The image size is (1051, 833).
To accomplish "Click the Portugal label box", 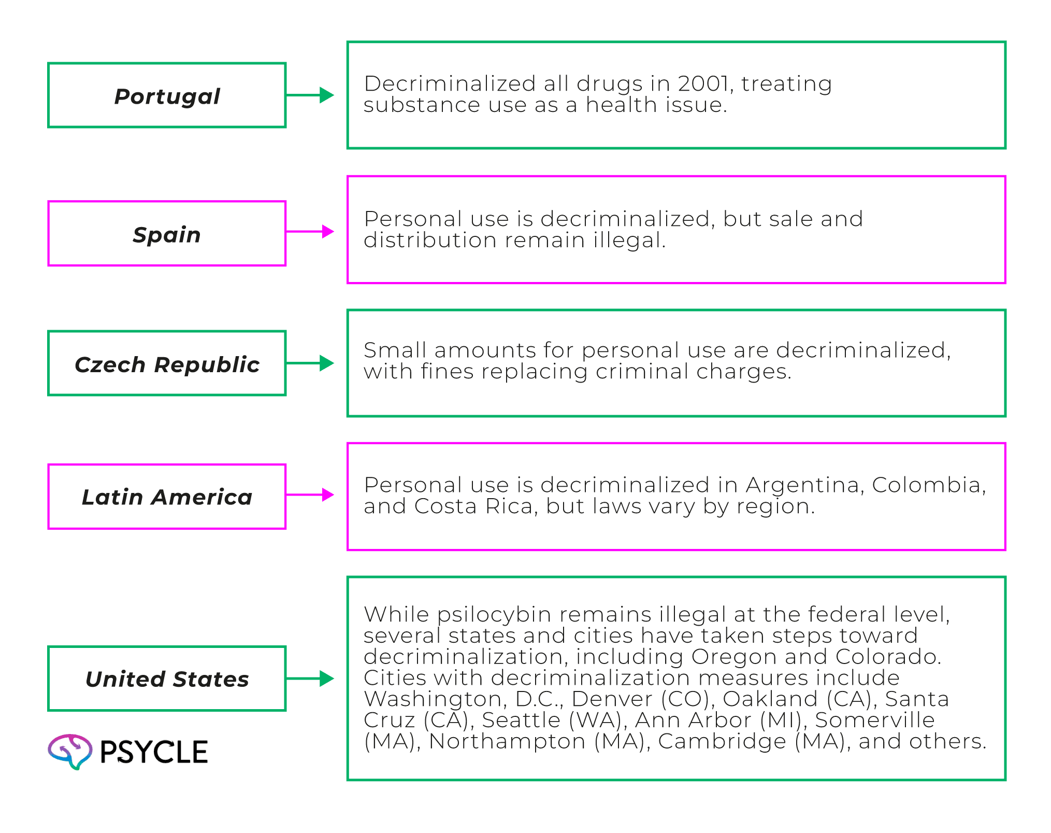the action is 167,95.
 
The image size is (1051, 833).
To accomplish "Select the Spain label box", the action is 167,233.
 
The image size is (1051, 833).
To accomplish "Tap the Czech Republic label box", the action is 167,363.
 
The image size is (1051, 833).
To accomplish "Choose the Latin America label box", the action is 167,497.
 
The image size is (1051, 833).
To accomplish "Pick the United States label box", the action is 167,679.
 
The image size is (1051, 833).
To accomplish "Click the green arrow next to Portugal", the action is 310,95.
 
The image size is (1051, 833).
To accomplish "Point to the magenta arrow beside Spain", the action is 310,232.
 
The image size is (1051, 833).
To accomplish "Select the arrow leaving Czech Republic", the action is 310,363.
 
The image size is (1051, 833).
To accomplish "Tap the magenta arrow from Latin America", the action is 310,495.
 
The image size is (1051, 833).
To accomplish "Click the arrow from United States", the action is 310,679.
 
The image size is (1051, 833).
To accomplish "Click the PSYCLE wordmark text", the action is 154,752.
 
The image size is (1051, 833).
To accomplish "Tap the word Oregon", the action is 733,657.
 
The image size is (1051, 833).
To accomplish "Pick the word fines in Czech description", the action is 447,372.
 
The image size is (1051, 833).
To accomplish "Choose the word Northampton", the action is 507,741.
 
